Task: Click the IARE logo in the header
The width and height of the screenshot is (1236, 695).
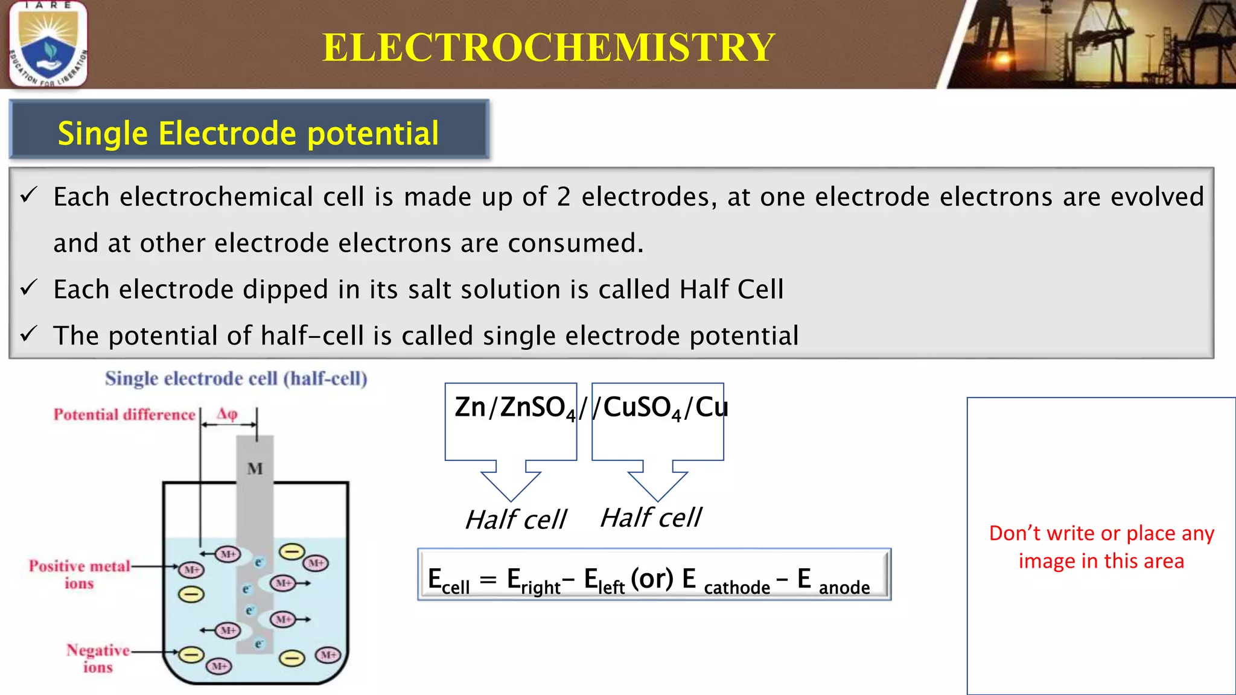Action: click(48, 44)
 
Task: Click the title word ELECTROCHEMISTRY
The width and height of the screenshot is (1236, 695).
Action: click(548, 48)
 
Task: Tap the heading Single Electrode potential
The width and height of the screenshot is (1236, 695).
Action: click(248, 133)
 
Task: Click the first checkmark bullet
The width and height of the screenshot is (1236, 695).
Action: click(29, 195)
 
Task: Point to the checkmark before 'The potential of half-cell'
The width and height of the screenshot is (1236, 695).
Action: click(29, 334)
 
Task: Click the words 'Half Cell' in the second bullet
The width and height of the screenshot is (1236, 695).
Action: click(731, 290)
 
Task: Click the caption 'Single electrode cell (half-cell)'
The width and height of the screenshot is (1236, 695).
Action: click(236, 379)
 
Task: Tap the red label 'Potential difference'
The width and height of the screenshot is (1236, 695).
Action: click(124, 415)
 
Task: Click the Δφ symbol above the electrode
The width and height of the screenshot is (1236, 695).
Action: click(227, 414)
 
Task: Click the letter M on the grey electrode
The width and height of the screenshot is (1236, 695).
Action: click(255, 469)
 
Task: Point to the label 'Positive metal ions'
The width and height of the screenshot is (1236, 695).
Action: click(80, 574)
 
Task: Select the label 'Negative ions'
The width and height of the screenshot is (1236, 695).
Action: click(98, 658)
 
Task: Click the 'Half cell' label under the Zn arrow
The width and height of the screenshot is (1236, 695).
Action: click(516, 519)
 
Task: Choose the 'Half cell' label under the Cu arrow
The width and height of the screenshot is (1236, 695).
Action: click(651, 518)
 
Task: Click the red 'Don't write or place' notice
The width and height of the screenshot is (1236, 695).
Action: click(1101, 547)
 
